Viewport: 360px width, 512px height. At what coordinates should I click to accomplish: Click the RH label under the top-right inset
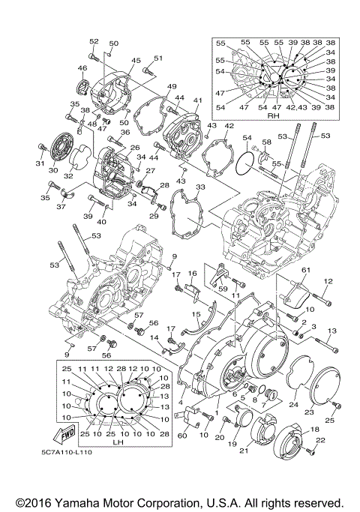pyautogui.click(x=272, y=116)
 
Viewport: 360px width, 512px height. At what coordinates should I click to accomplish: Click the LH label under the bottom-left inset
pyautogui.click(x=117, y=442)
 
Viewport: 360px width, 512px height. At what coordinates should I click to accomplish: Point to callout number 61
pyautogui.click(x=306, y=270)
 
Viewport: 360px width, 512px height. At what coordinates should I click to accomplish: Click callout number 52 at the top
pyautogui.click(x=94, y=41)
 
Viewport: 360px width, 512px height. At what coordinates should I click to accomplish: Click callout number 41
pyautogui.click(x=198, y=100)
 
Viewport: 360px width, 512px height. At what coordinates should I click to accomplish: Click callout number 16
pyautogui.click(x=192, y=274)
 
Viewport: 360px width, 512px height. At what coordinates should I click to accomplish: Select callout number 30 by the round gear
pyautogui.click(x=52, y=170)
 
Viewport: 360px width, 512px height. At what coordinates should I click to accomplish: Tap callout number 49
pyautogui.click(x=172, y=86)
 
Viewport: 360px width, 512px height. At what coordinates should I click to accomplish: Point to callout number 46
pyautogui.click(x=82, y=68)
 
